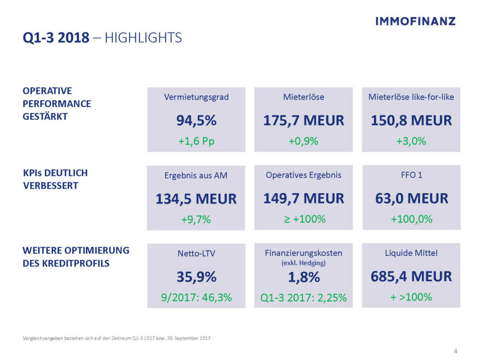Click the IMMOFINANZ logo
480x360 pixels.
tap(415, 21)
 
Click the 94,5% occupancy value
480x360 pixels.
tap(196, 120)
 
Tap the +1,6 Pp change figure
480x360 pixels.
tap(196, 141)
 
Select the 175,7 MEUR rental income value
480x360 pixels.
tap(304, 120)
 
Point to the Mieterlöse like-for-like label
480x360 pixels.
tap(411, 97)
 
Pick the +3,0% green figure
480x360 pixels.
tap(411, 141)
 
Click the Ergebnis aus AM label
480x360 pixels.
tap(196, 176)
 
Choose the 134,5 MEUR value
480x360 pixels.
tap(196, 199)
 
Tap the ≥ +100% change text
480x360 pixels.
tap(304, 219)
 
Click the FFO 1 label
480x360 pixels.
tap(411, 175)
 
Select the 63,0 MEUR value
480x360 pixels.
tap(411, 198)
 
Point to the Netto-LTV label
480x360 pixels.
tap(196, 254)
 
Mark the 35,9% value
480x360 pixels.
tap(196, 277)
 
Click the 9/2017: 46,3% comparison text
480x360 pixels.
tap(196, 298)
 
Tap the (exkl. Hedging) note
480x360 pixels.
tap(304, 263)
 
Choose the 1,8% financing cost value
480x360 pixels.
tap(304, 277)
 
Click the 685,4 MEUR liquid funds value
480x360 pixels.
tap(411, 277)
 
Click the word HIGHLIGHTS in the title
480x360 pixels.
tap(143, 37)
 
